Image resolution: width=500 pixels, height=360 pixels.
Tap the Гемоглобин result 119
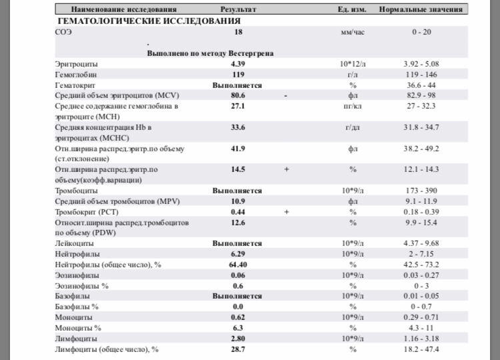pyautogui.click(x=237, y=75)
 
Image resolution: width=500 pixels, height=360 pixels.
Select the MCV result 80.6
pyautogui.click(x=237, y=96)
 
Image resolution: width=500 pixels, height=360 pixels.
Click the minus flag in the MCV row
pyautogui.click(x=285, y=96)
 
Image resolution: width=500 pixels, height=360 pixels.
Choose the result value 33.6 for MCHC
pyautogui.click(x=237, y=127)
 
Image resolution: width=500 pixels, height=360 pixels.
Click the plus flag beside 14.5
pyautogui.click(x=286, y=169)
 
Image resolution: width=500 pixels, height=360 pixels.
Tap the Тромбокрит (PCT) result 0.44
pyautogui.click(x=237, y=212)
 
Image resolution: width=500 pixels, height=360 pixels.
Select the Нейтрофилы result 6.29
pyautogui.click(x=237, y=254)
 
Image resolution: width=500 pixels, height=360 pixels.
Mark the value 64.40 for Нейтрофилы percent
pyautogui.click(x=237, y=265)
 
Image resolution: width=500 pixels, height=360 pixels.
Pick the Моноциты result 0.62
pyautogui.click(x=237, y=317)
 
